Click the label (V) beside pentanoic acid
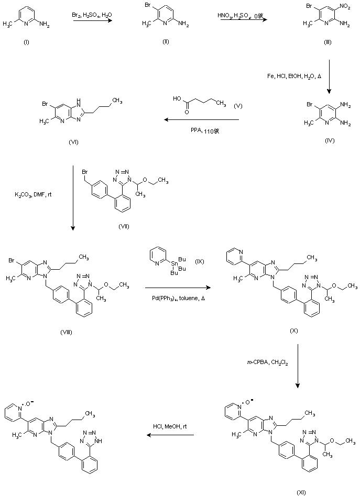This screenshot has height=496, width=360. coord(238,107)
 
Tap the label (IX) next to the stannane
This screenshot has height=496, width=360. coord(199,260)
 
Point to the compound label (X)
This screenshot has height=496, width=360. coord(294,332)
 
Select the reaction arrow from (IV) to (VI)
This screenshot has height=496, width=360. coord(201,120)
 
